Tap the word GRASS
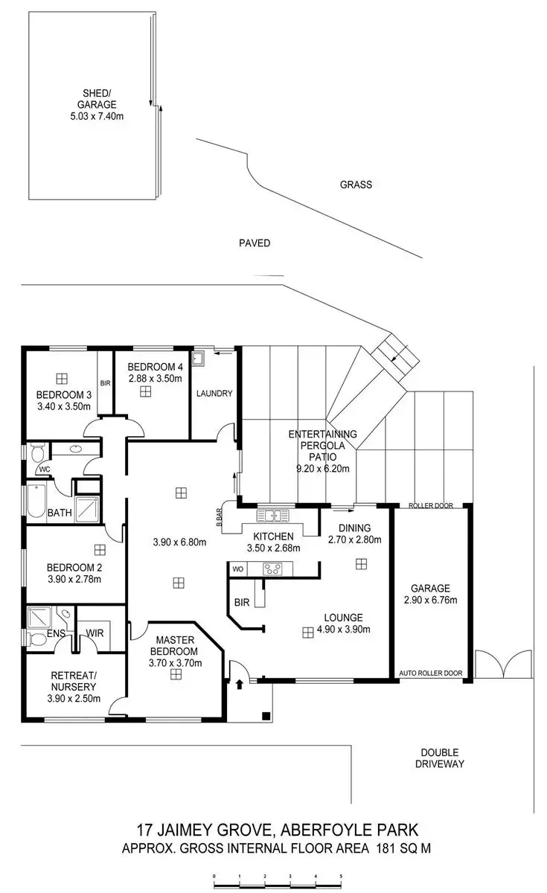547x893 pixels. (356, 185)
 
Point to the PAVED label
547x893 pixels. (254, 243)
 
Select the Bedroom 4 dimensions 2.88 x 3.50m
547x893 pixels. (155, 379)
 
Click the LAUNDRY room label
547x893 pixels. (214, 394)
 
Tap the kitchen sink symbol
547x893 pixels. (275, 515)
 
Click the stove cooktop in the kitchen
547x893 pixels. (272, 569)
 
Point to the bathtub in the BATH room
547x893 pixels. (36, 501)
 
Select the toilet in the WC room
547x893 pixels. (37, 451)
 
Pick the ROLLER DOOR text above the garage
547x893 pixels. (432, 506)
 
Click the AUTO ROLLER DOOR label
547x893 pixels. (431, 673)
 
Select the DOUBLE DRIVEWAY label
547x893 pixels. (440, 758)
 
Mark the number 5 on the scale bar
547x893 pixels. (341, 877)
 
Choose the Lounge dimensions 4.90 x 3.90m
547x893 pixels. (343, 629)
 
